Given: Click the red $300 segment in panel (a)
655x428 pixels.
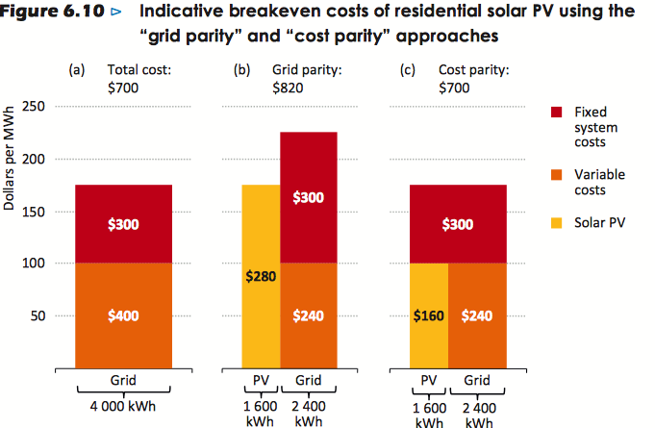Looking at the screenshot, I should pyautogui.click(x=123, y=224).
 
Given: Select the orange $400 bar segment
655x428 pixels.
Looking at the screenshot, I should pyautogui.click(x=123, y=315).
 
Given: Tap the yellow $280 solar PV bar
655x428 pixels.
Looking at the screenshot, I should pyautogui.click(x=260, y=276).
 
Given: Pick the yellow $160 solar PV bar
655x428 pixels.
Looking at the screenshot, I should pyautogui.click(x=428, y=315).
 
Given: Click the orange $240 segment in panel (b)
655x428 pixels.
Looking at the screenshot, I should pyautogui.click(x=308, y=315).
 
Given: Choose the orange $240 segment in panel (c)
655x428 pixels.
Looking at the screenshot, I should pyautogui.click(x=477, y=315).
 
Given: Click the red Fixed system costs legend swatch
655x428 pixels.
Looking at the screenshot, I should pyautogui.click(x=556, y=113).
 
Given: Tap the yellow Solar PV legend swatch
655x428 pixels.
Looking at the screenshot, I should pyautogui.click(x=556, y=222).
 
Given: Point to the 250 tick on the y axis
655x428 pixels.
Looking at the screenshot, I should pyautogui.click(x=33, y=106).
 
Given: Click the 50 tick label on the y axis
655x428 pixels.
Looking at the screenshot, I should pyautogui.click(x=37, y=315).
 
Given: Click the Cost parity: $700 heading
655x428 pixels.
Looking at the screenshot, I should pyautogui.click(x=473, y=79).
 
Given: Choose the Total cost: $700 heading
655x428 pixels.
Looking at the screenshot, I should pyautogui.click(x=139, y=79).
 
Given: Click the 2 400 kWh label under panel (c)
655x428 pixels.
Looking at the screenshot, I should pyautogui.click(x=477, y=414).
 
